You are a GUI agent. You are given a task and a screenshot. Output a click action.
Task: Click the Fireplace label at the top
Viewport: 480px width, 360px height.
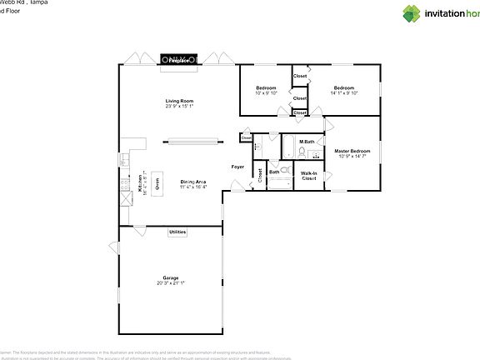tap(179, 61)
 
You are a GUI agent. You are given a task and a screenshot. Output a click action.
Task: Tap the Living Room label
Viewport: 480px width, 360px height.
tap(179, 101)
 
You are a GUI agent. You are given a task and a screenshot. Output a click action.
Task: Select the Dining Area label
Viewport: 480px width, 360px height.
tap(193, 182)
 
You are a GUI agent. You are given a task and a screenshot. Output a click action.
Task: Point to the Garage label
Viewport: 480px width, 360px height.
tap(171, 277)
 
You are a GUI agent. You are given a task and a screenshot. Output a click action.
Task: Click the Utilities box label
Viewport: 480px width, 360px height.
tap(177, 232)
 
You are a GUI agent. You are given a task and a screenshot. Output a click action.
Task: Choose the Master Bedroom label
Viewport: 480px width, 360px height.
tap(352, 151)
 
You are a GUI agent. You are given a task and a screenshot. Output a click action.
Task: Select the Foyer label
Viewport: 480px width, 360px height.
tap(237, 167)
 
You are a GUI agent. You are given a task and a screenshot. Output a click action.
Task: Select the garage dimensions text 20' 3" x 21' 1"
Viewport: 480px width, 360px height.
tap(171, 283)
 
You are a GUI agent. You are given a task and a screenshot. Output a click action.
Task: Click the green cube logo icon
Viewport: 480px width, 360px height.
tap(412, 12)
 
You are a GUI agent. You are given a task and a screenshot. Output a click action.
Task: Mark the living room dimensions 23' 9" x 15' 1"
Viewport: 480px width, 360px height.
tap(179, 106)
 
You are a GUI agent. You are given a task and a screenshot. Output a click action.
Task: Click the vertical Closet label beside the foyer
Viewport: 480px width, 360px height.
tap(260, 175)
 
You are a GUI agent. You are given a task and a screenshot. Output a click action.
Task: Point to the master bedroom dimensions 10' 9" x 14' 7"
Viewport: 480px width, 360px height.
tap(352, 156)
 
